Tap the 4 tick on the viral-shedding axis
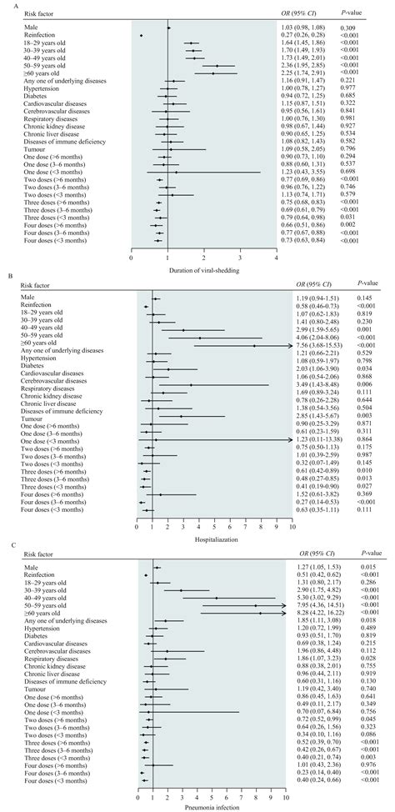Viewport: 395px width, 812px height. (276, 258)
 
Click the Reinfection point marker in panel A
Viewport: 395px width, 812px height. (142, 36)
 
